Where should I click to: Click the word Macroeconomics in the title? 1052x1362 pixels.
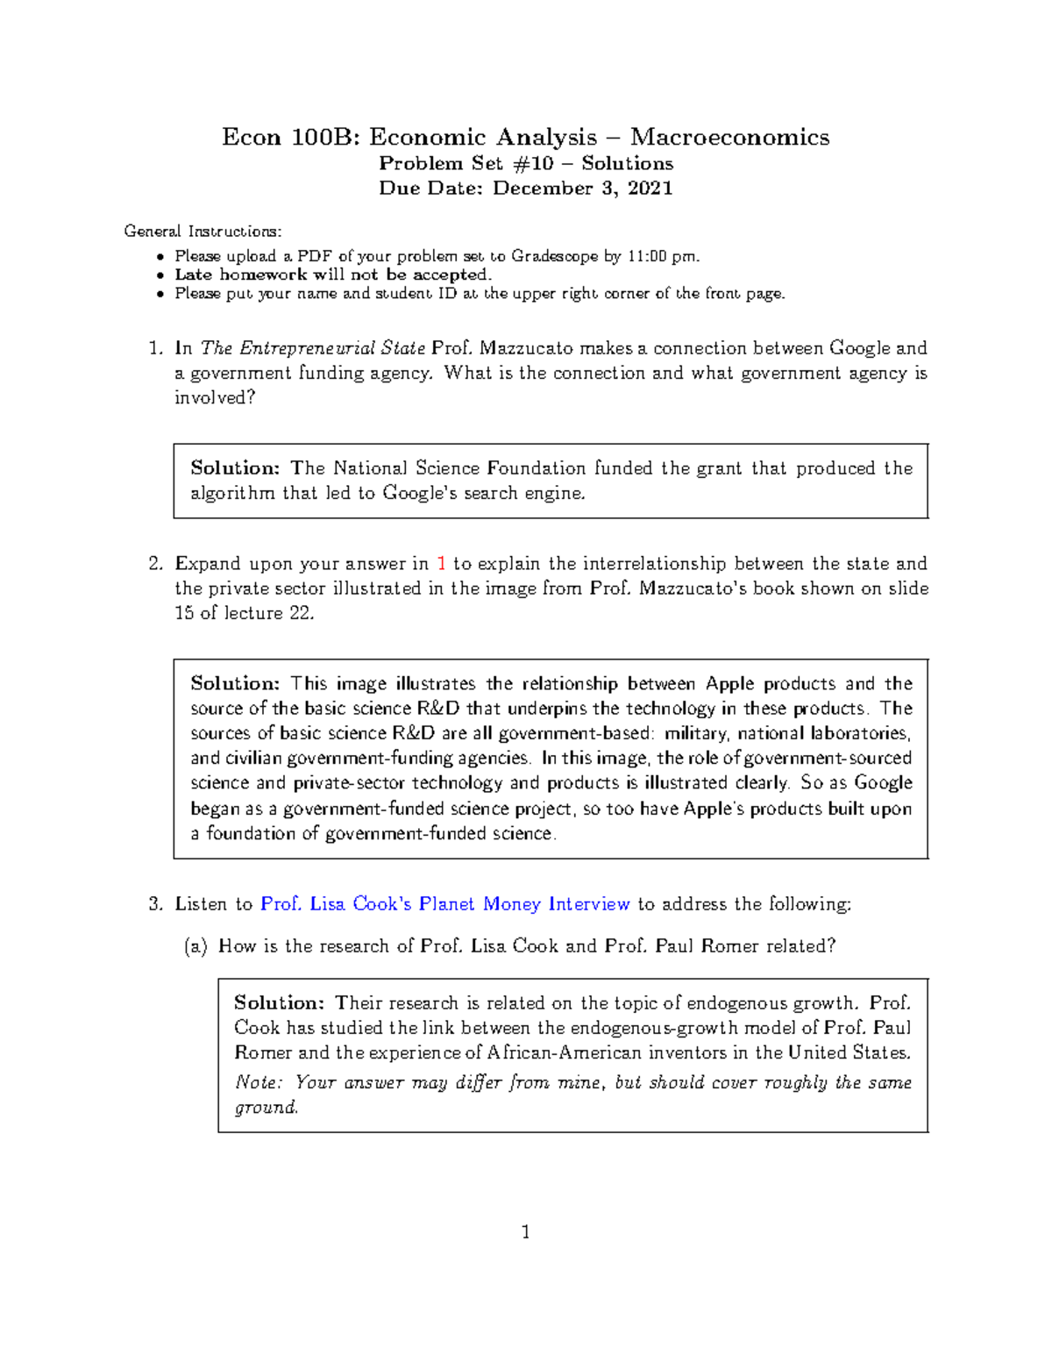point(729,138)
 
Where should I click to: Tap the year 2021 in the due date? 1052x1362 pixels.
point(650,189)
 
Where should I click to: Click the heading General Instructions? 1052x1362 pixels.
point(203,232)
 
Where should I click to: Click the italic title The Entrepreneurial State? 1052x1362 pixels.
point(313,348)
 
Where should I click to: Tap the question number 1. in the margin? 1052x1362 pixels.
point(155,348)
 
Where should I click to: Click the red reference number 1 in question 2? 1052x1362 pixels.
point(441,564)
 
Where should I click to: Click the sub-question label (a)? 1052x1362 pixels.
point(195,946)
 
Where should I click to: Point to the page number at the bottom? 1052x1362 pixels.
point(525,1232)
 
